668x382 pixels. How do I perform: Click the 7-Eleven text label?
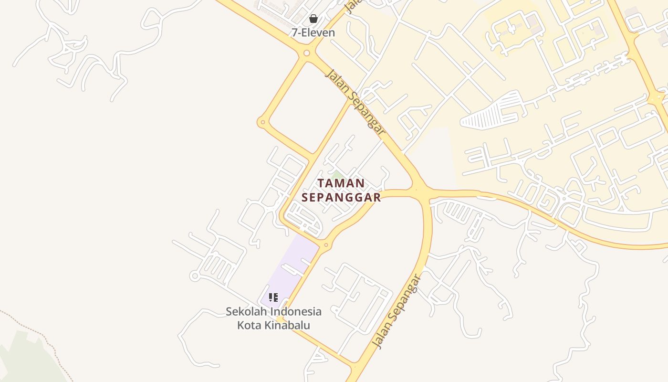click(x=313, y=32)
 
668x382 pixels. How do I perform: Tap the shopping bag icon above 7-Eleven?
click(x=313, y=19)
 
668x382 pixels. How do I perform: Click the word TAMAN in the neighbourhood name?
click(x=341, y=183)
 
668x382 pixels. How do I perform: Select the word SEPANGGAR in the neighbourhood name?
click(x=342, y=197)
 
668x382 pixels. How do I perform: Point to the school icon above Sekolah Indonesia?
click(x=273, y=297)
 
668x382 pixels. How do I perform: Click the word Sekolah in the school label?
click(x=247, y=311)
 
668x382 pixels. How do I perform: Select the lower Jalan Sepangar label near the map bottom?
click(x=397, y=311)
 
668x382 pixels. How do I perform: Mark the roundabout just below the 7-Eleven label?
click(x=307, y=53)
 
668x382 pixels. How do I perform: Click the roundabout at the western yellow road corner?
click(x=262, y=123)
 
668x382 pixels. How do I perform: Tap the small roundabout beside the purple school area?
click(x=326, y=245)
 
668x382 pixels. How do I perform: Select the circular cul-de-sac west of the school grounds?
click(x=194, y=276)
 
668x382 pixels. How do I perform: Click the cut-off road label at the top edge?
click(x=352, y=6)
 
